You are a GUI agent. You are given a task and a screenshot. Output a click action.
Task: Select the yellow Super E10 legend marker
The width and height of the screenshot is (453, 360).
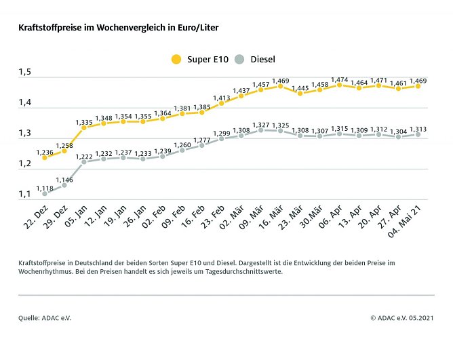pyautogui.click(x=176, y=60)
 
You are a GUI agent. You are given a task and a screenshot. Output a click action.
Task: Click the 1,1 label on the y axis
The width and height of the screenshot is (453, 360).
pyautogui.click(x=26, y=195)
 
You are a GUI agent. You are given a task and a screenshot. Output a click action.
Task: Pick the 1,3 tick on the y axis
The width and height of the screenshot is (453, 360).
pyautogui.click(x=26, y=134)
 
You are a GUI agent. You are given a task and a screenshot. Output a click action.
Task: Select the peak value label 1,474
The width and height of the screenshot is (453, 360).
pyautogui.click(x=338, y=78)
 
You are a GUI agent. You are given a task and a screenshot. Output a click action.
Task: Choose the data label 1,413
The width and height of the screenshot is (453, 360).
pyautogui.click(x=222, y=97)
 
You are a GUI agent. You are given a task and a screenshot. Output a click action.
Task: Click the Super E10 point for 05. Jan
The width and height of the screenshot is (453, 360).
pyautogui.click(x=83, y=127)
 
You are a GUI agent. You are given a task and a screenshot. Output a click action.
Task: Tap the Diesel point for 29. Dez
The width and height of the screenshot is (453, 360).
pyautogui.click(x=64, y=184)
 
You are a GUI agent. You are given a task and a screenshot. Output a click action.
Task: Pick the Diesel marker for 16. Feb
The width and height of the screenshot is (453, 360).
pyautogui.click(x=201, y=145)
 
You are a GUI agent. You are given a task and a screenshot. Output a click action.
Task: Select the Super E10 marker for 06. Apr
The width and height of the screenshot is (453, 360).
pyautogui.click(x=339, y=85)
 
